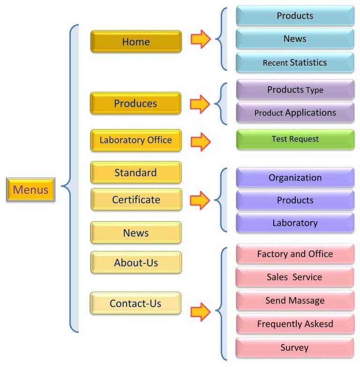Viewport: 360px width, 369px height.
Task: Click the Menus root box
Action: pyautogui.click(x=30, y=190)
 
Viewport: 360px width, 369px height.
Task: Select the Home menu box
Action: pyautogui.click(x=135, y=41)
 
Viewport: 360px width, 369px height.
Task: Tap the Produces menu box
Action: pyautogui.click(x=135, y=103)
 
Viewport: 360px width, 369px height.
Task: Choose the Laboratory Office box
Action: pyautogui.click(x=135, y=140)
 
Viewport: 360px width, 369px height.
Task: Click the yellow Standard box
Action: pyautogui.click(x=135, y=172)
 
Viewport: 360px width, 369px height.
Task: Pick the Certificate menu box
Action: pyautogui.click(x=135, y=199)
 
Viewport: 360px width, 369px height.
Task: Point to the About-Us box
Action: pyautogui.click(x=135, y=262)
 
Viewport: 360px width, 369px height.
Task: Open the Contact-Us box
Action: pyautogui.click(x=135, y=303)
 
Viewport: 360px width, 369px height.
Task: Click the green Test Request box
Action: pyautogui.click(x=295, y=139)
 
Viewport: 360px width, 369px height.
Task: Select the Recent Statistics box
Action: pyautogui.click(x=295, y=62)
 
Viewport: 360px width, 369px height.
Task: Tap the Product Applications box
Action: pyautogui.click(x=295, y=113)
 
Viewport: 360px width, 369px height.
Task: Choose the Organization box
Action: pyautogui.click(x=295, y=177)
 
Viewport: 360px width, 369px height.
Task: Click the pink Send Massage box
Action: pyautogui.click(x=295, y=300)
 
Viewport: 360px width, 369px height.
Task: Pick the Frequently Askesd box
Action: pyautogui.click(x=295, y=324)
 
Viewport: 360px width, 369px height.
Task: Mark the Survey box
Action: pyautogui.click(x=295, y=347)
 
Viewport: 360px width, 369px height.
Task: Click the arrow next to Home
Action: pyautogui.click(x=200, y=39)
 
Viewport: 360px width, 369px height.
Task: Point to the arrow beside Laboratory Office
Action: pyautogui.click(x=200, y=141)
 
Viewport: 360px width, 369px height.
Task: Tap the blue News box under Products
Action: pyautogui.click(x=295, y=38)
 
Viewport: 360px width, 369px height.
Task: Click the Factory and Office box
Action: pyautogui.click(x=295, y=254)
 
